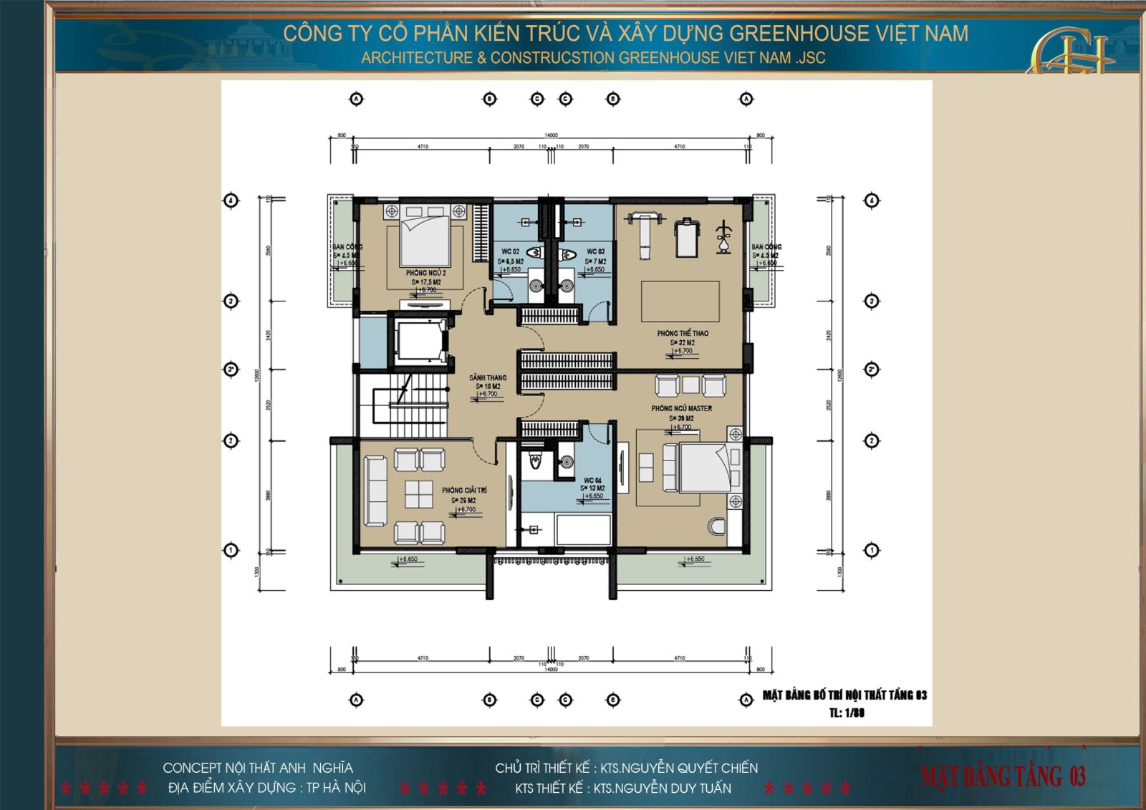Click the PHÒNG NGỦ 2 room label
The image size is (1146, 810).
pos(425,273)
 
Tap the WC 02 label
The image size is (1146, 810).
pos(510,251)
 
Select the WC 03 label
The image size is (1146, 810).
pos(595,251)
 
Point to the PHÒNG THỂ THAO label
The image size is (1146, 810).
pos(683,334)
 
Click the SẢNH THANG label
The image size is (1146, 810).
pos(488,377)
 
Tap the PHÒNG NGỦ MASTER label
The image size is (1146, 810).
pos(681,408)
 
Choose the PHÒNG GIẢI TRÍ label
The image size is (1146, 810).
pos(464,491)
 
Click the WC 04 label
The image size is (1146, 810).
pos(592,480)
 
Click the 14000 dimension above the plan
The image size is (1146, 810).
pos(550,135)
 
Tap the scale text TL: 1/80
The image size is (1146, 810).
pos(847,713)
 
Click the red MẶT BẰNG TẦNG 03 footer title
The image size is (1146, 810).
pos(1003,776)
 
